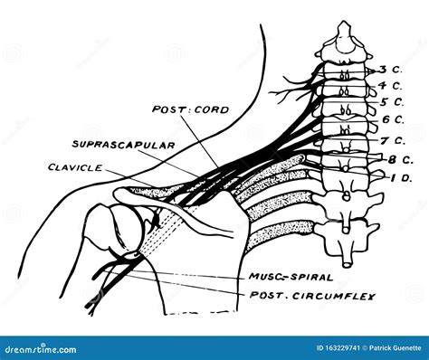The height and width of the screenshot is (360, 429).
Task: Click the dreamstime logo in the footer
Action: (x=36, y=347)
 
